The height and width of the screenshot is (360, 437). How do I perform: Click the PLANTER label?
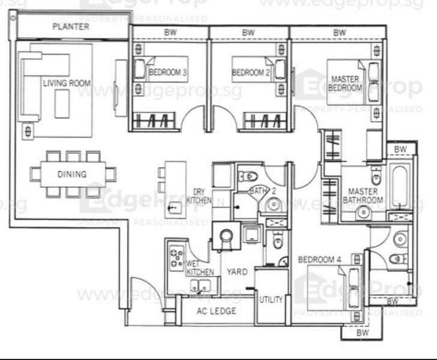click(71, 27)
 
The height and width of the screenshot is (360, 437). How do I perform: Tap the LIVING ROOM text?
click(66, 83)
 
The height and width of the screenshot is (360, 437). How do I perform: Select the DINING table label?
click(72, 175)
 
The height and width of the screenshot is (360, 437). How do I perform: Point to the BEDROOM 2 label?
click(251, 73)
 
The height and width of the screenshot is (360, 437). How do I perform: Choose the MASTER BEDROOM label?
click(346, 83)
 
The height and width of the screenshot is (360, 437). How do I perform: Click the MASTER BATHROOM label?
click(362, 196)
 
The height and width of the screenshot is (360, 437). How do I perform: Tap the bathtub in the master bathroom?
click(399, 180)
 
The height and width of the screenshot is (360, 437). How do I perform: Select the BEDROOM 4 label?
click(319, 259)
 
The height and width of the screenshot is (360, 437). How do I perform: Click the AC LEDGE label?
click(217, 311)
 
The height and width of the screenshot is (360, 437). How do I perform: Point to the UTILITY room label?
click(271, 299)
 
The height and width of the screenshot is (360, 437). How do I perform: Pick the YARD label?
click(237, 272)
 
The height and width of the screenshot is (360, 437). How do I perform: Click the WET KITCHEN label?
click(200, 268)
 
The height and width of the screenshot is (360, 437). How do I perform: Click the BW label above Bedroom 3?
click(170, 32)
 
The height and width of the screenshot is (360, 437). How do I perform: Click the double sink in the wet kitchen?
click(200, 286)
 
